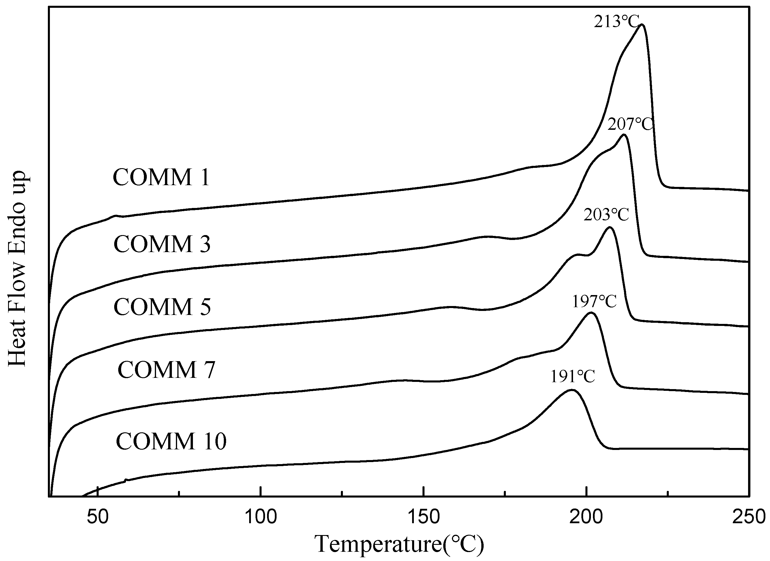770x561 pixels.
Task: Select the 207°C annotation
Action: point(630,124)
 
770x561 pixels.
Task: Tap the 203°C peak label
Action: point(606,215)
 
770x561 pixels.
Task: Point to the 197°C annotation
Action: point(594,301)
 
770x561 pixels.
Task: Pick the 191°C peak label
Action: point(572,376)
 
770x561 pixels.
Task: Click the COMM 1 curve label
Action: point(161,177)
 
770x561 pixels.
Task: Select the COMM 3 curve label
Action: point(162,244)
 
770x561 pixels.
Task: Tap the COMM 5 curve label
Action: point(162,307)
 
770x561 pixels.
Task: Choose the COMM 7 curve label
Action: point(166,370)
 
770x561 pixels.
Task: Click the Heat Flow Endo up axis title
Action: point(17,268)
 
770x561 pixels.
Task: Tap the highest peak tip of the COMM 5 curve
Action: point(610,227)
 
